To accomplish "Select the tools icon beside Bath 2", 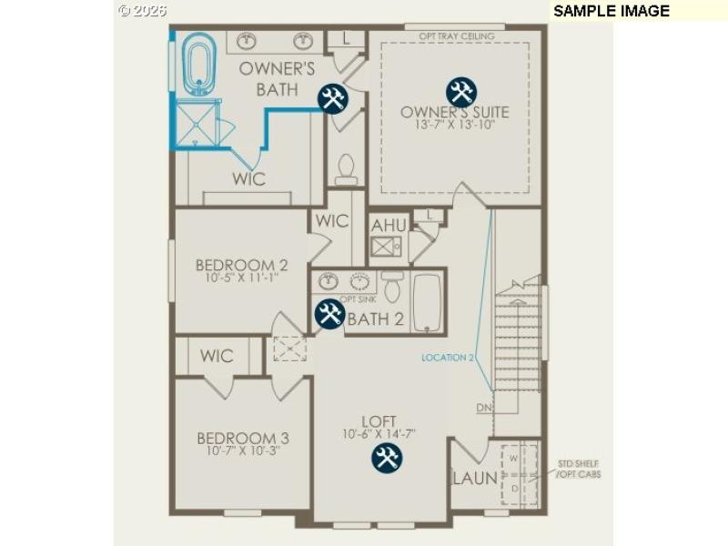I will click(329, 315).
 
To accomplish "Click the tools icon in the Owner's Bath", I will click(332, 98).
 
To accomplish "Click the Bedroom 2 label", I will click(242, 266).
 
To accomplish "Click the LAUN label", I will click(474, 478).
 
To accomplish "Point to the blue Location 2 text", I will click(448, 358).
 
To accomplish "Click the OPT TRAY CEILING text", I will click(457, 36).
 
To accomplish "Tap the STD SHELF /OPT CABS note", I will click(579, 469).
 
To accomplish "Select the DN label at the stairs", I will click(484, 409).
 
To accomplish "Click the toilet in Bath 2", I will click(392, 288).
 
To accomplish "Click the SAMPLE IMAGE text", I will click(611, 11).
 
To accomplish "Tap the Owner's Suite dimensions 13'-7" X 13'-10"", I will click(454, 126).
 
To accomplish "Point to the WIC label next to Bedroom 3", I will click(217, 356).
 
